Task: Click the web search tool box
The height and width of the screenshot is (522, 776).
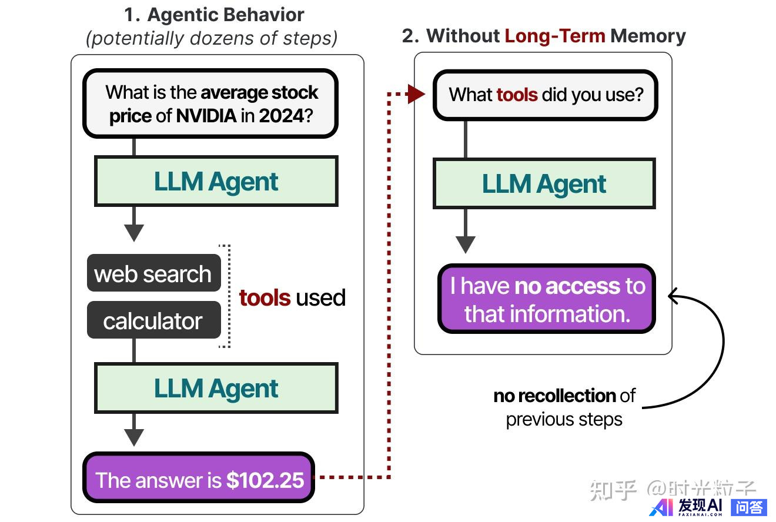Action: click(x=153, y=273)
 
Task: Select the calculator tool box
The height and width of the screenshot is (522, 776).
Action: click(x=153, y=320)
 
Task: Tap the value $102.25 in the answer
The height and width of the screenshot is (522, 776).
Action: click(x=265, y=480)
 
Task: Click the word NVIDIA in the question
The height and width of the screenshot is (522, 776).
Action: click(x=206, y=115)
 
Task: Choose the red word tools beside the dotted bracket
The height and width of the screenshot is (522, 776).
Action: click(x=265, y=298)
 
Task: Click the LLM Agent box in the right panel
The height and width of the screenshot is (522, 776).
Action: click(x=544, y=184)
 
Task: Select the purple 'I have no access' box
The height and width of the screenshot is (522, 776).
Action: click(x=547, y=299)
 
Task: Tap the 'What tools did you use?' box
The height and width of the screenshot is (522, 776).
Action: click(x=545, y=95)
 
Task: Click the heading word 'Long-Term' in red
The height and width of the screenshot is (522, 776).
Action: click(x=555, y=36)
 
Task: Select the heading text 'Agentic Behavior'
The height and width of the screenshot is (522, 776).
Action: click(x=226, y=14)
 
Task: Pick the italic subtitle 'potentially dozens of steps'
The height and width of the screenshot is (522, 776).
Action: click(x=212, y=38)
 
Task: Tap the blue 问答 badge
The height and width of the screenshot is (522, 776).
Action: click(x=749, y=507)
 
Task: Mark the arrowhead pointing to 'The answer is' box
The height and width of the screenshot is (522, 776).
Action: click(x=134, y=437)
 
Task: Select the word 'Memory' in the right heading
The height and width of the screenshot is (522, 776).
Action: click(x=648, y=36)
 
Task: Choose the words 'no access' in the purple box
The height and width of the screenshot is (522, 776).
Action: click(x=567, y=286)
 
